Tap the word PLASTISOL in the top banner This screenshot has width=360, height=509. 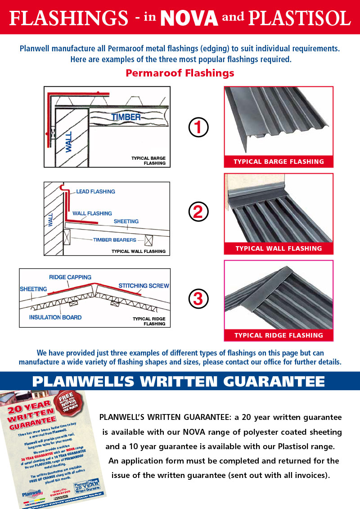[300, 18]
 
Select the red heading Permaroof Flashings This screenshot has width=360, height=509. [180, 73]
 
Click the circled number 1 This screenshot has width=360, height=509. [198, 128]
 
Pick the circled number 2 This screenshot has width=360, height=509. [198, 212]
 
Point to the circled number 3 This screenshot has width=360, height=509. [198, 298]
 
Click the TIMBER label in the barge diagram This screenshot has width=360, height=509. [126, 117]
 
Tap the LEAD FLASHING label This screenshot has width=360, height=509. [95, 191]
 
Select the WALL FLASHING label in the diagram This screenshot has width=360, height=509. [92, 213]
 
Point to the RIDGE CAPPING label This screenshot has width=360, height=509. [70, 277]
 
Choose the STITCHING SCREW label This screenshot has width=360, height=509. [144, 285]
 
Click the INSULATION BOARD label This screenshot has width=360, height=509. [55, 317]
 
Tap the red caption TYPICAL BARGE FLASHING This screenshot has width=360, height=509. [279, 162]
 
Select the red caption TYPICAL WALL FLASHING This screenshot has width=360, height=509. [279, 248]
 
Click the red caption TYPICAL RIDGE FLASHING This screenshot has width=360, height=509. [279, 335]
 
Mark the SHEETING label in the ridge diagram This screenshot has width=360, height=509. [33, 289]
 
